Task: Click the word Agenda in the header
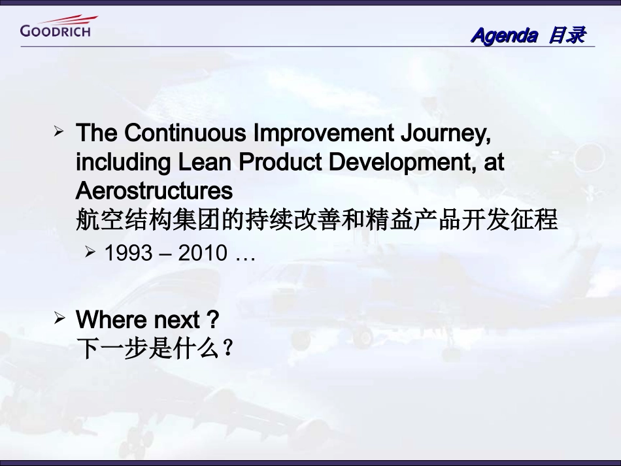click(x=503, y=35)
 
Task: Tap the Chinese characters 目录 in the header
click(x=566, y=35)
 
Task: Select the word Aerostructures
click(x=154, y=191)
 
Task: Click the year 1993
click(x=128, y=253)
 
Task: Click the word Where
click(x=112, y=320)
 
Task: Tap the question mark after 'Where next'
click(x=212, y=320)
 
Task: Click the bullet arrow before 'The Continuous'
click(x=59, y=133)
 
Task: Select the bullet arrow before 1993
click(x=90, y=252)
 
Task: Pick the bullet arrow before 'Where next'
click(x=59, y=319)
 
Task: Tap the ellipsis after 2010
click(x=244, y=255)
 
